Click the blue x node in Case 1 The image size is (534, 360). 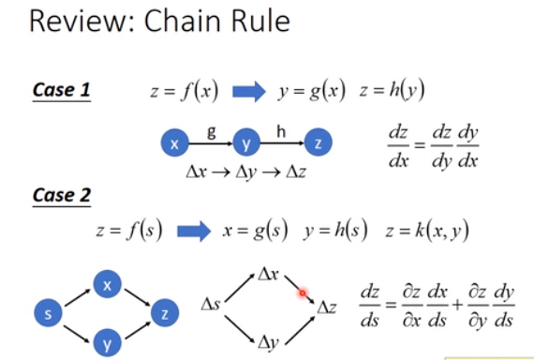point(173,143)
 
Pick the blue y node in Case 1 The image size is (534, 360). point(245,143)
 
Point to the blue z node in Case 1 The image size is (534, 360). point(319,143)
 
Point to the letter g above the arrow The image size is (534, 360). point(211,130)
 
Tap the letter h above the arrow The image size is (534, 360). point(281,130)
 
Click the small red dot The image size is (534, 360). point(303,293)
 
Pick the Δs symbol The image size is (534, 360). point(212,305)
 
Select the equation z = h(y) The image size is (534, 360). point(381,92)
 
